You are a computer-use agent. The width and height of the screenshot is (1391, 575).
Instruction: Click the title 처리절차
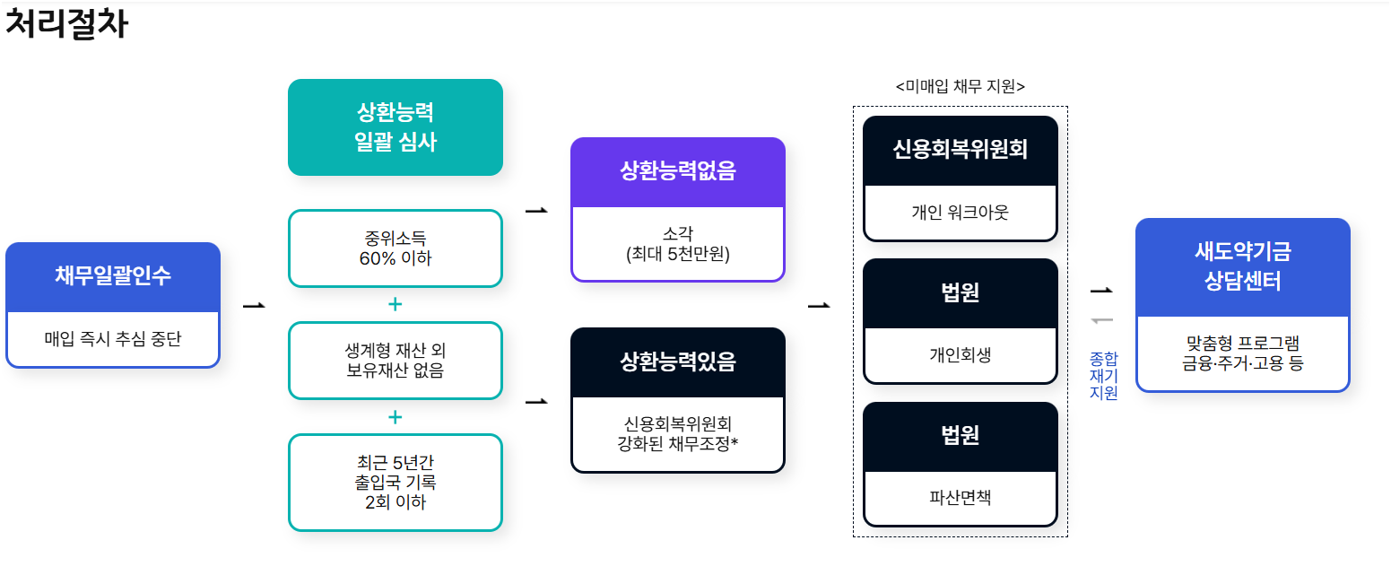(67, 24)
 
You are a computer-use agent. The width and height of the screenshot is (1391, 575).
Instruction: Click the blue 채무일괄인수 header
(113, 276)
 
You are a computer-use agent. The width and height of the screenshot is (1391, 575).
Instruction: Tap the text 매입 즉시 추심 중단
(113, 339)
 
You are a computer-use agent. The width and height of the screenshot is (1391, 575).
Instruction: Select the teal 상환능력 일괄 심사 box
(395, 126)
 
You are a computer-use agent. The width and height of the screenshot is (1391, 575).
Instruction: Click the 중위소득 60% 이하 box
(395, 248)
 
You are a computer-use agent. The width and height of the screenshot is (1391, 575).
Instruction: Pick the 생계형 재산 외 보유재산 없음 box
(395, 360)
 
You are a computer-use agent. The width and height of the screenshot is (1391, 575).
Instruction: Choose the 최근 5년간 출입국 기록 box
(395, 482)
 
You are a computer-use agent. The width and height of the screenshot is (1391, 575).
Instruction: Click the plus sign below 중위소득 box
(395, 304)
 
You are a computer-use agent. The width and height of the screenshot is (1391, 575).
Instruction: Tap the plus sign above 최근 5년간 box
(395, 417)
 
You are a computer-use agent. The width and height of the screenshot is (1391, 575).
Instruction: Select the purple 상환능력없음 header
(677, 171)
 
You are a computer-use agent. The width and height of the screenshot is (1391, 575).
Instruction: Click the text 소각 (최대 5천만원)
(677, 245)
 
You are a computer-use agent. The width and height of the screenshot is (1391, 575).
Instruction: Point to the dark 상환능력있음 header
(677, 362)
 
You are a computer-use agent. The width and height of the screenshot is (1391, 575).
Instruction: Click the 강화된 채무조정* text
(677, 442)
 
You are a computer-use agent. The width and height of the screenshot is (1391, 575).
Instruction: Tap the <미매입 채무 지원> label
(960, 86)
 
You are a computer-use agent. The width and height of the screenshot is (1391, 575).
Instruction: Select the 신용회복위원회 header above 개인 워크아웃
(960, 150)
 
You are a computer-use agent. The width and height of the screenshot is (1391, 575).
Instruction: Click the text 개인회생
(960, 355)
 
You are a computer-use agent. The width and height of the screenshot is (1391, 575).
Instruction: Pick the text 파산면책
(960, 498)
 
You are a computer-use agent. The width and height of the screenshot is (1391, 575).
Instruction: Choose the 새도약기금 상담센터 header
(1242, 266)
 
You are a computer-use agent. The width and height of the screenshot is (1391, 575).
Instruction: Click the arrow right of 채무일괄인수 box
(254, 306)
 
